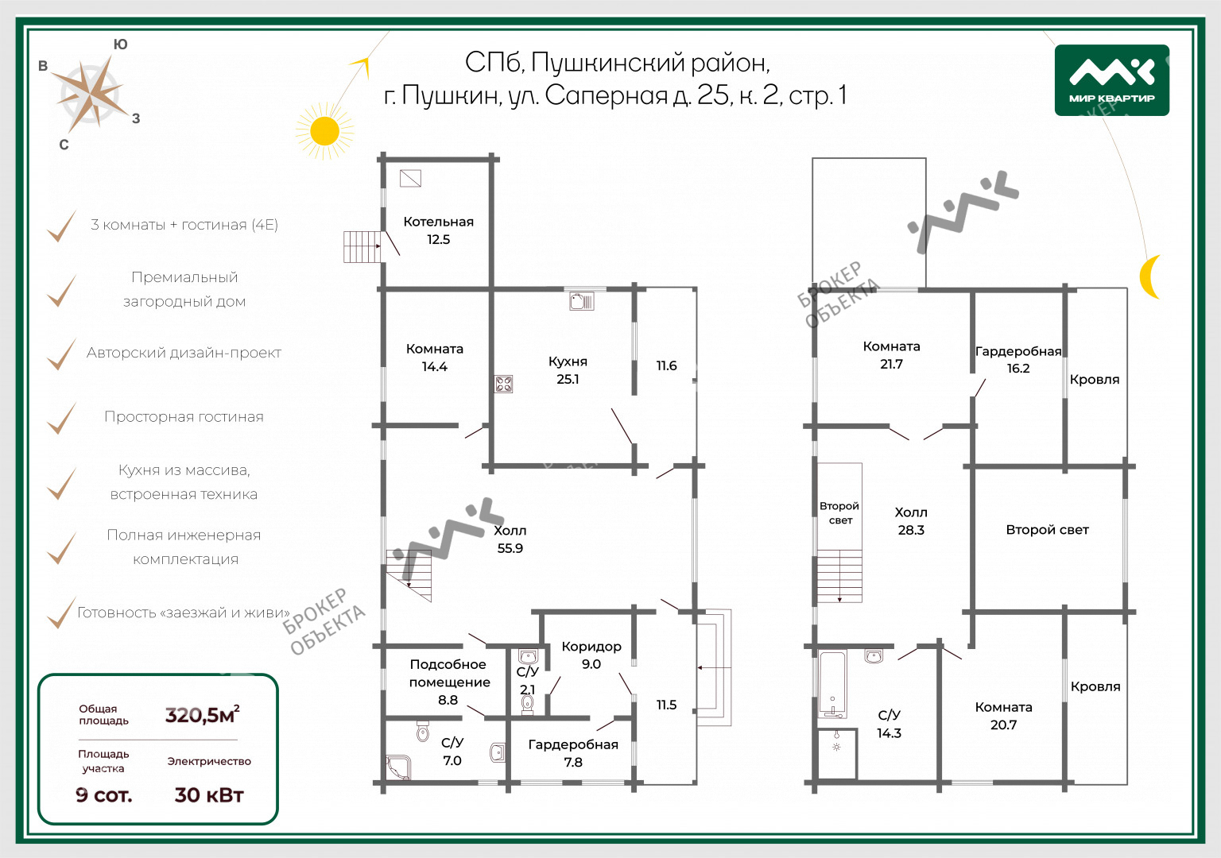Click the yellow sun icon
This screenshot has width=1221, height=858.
[x=324, y=131]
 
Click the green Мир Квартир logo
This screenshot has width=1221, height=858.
[x=1111, y=80]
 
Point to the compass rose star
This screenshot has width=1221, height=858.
[x=93, y=93]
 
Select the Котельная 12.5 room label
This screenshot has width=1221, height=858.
[x=438, y=230]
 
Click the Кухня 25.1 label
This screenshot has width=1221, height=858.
[x=568, y=370]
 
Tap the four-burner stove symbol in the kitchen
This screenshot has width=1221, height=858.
[x=504, y=385]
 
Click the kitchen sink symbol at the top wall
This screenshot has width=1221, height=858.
[x=582, y=300]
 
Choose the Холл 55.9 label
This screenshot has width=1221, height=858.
[x=510, y=539]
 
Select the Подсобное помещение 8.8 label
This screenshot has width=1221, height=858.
[x=449, y=682]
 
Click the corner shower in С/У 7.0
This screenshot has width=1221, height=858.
[x=397, y=766]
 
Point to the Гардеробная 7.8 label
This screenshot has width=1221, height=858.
[x=573, y=753]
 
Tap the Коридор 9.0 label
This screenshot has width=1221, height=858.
[x=591, y=655]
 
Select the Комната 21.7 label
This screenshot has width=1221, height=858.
[x=891, y=355]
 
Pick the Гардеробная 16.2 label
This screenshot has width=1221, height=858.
[x=1018, y=360]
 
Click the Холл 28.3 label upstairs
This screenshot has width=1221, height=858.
[x=911, y=521]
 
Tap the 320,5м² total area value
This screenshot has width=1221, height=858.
[x=202, y=714]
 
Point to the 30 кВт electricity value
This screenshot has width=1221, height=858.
[x=209, y=794]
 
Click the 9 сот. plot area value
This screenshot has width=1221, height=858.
[x=103, y=794]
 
